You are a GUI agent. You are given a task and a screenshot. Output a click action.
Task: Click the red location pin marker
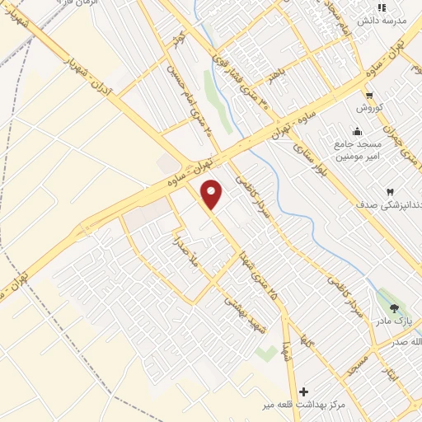213,194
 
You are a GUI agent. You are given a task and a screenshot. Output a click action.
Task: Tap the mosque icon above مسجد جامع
356,130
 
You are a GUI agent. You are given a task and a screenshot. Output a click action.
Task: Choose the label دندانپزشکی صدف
390,204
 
